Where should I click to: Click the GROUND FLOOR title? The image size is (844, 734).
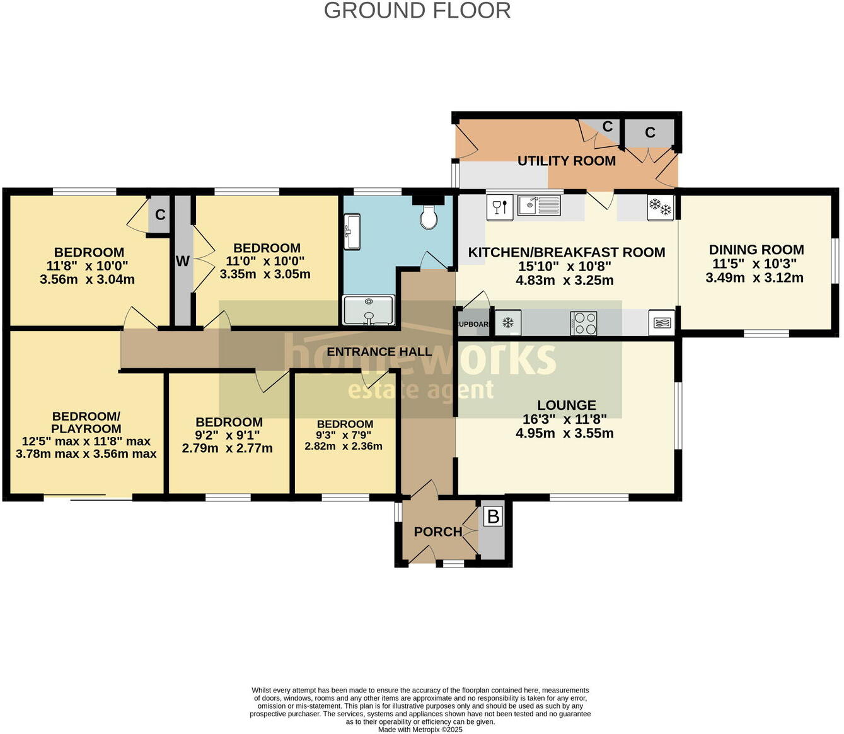[x=417, y=11]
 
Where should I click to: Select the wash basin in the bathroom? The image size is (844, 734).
[x=352, y=231]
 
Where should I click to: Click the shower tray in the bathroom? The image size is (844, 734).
[x=368, y=310]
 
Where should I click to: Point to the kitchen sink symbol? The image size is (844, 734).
[x=539, y=206]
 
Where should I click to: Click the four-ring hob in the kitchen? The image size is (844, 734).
[x=584, y=323]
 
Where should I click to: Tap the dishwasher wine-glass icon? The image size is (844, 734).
[x=499, y=207]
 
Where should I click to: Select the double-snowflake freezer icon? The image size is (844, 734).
[x=661, y=207]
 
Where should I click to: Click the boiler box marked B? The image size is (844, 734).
[x=493, y=517]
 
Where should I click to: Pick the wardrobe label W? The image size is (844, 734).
[x=182, y=261]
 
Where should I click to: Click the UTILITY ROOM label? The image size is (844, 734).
[x=566, y=161]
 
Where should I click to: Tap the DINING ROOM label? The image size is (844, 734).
[x=756, y=250]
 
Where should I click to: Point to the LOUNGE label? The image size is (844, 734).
[x=566, y=405]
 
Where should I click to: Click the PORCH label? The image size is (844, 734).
[x=437, y=532]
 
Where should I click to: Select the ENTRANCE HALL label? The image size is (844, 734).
[x=379, y=352]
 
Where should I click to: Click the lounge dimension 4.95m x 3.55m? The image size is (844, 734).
[x=564, y=433]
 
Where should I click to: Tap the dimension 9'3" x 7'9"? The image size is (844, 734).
[x=344, y=435]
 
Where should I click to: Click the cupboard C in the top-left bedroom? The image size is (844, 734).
[x=160, y=215]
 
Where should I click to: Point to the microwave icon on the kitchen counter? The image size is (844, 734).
[x=661, y=323]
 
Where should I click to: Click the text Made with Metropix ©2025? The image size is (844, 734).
[x=420, y=730]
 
